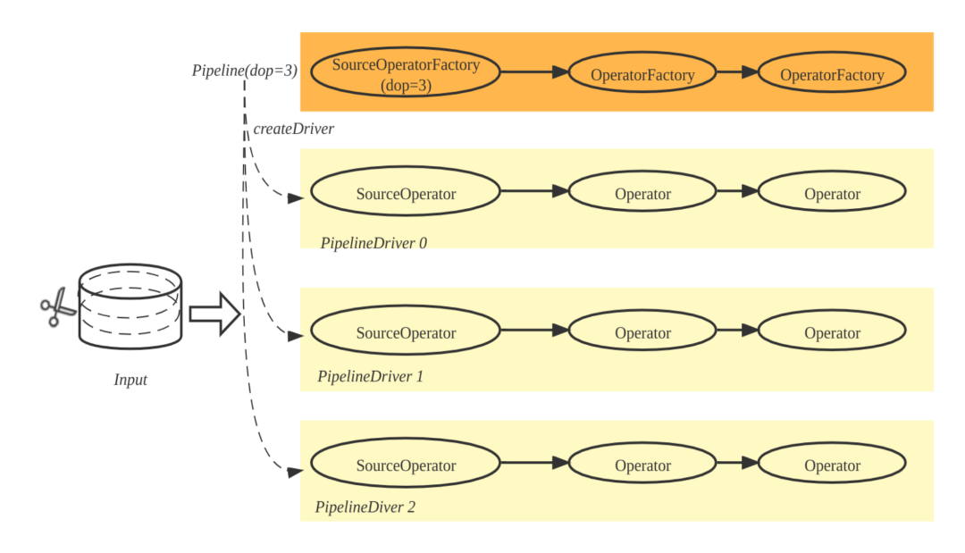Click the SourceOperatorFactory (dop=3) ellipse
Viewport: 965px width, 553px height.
click(406, 73)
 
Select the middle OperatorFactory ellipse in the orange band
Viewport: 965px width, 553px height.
click(642, 75)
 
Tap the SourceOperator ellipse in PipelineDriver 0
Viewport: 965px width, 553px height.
click(406, 193)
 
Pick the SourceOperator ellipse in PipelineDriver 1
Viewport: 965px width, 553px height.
click(406, 332)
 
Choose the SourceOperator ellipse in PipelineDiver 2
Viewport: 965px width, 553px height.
click(406, 465)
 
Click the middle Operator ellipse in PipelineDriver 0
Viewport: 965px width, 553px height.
click(642, 193)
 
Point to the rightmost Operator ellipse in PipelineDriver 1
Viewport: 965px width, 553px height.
click(832, 332)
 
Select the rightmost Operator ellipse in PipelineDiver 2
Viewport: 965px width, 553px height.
click(832, 465)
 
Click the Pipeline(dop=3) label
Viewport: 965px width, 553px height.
click(243, 70)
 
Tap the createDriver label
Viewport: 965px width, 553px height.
click(293, 129)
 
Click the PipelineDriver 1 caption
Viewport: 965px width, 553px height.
click(370, 376)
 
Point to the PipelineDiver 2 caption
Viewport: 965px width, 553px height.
click(365, 507)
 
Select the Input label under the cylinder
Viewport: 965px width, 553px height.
click(130, 380)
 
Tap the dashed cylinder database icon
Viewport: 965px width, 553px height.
click(130, 306)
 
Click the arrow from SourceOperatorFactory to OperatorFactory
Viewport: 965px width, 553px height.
click(534, 72)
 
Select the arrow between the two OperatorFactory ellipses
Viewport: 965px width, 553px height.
click(737, 72)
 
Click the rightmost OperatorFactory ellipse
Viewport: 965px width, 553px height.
click(832, 75)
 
